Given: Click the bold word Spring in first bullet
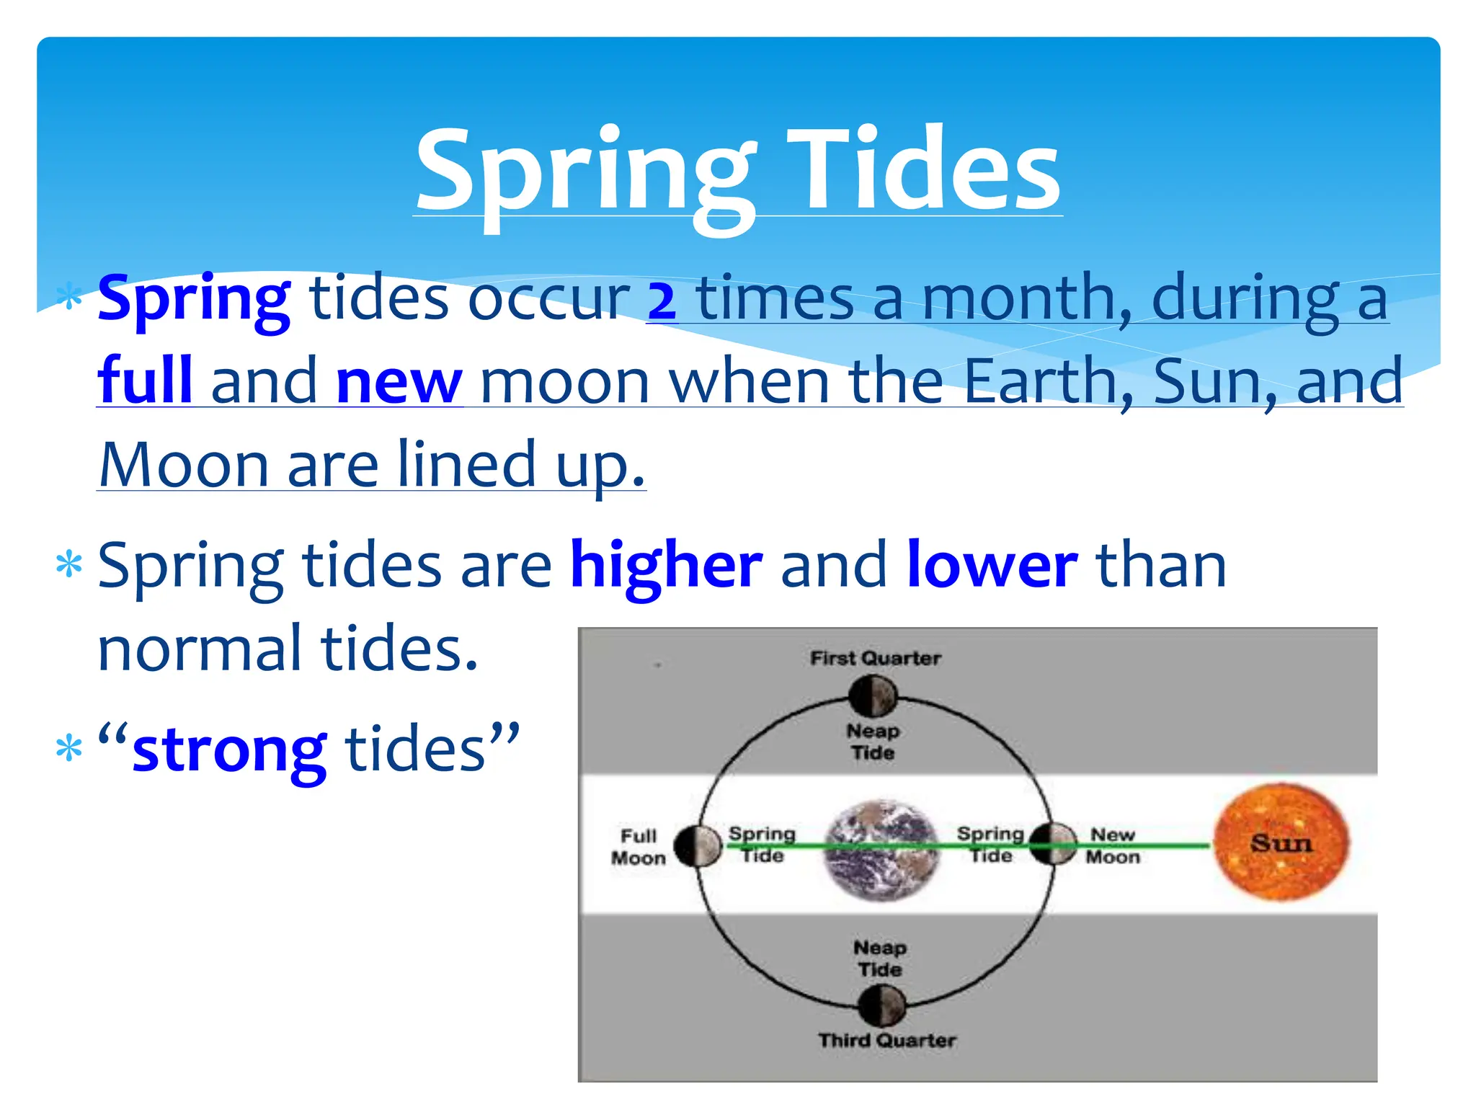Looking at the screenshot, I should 194,298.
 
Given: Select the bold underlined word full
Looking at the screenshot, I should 145,381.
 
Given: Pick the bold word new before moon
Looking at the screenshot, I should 399,382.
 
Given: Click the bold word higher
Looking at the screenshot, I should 666,566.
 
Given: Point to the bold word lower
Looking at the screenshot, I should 992,566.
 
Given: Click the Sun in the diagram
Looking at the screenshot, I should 1281,843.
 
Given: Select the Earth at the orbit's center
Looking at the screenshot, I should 881,850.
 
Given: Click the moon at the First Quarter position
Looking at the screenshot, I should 873,695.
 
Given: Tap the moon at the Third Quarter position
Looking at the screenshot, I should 881,1005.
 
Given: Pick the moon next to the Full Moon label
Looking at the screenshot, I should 698,846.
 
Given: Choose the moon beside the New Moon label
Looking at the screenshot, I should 1052,844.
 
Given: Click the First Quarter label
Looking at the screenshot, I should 875,658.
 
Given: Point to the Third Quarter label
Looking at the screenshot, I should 886,1040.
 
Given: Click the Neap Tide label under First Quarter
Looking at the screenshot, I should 873,742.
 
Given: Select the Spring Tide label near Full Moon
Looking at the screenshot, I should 762,845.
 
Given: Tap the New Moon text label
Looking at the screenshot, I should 1113,845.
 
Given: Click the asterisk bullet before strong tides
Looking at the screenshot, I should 69,749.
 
